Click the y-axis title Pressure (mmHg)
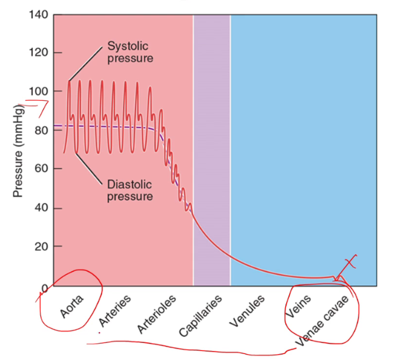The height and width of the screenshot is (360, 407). point(18,150)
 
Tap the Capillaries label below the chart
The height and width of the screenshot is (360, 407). point(201,316)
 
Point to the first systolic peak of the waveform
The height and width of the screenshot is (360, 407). point(70,81)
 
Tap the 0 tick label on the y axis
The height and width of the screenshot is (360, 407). point(43,287)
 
